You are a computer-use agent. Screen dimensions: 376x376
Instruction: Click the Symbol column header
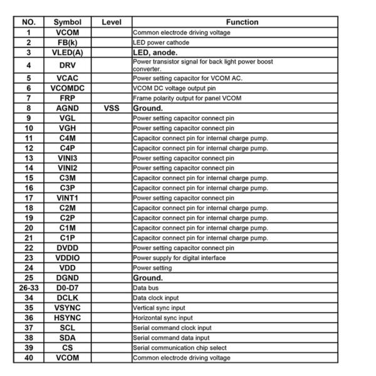pos(67,22)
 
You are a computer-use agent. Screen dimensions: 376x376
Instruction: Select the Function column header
pos(242,22)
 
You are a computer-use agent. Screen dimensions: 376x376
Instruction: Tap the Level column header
pos(111,22)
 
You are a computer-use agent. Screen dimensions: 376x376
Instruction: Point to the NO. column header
pos(28,22)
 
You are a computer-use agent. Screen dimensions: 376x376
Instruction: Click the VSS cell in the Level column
pos(111,108)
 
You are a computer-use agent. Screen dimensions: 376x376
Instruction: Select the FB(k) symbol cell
pos(67,43)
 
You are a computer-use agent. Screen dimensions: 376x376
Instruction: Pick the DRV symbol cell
pos(67,65)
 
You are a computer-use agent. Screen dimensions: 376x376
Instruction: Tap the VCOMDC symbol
pos(67,88)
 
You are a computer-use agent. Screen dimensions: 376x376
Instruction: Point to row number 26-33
pos(28,288)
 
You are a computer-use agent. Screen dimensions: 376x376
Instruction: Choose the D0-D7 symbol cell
pos(67,288)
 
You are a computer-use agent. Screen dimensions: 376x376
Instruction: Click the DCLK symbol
pos(67,298)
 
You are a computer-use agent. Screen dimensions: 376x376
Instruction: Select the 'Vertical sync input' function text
pos(159,308)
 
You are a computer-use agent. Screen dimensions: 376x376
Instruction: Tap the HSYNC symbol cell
pos(67,318)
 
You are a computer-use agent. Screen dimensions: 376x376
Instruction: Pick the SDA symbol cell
pos(67,338)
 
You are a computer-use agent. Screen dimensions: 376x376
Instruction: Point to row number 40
pos(28,358)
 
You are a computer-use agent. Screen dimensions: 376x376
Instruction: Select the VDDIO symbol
pos(67,258)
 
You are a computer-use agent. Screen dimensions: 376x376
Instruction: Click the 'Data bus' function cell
pos(144,288)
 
